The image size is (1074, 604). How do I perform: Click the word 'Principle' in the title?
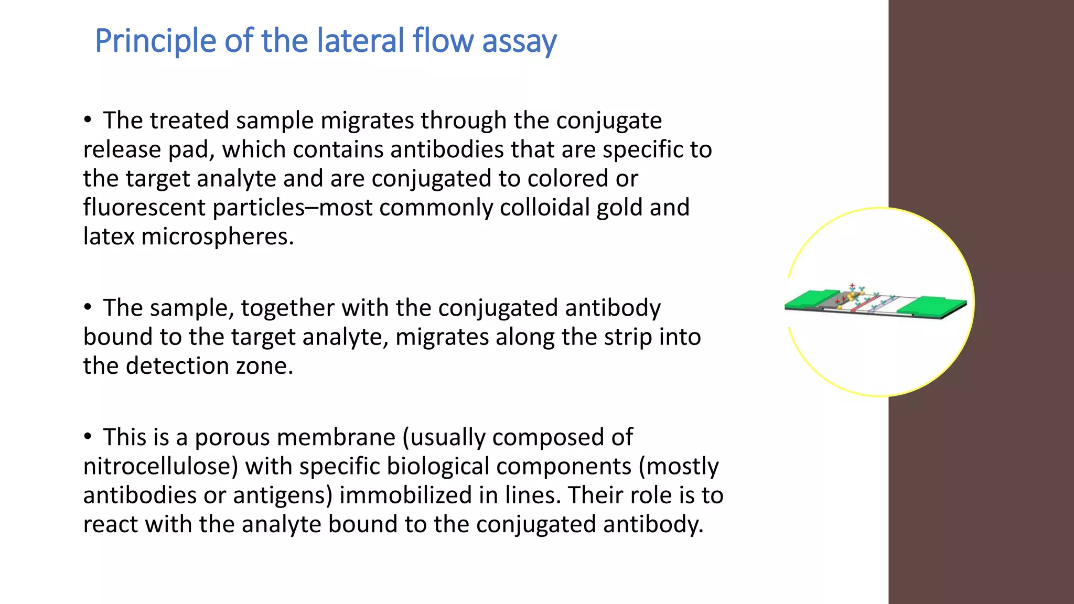coord(155,41)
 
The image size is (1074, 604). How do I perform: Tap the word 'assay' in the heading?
coord(519,41)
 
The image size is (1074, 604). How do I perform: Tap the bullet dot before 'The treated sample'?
coord(88,120)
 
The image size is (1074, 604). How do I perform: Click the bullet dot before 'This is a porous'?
coord(88,437)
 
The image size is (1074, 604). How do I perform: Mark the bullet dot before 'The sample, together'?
coord(88,307)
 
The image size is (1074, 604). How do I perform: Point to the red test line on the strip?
coord(863,305)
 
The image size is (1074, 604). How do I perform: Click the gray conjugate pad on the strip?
coord(834,301)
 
